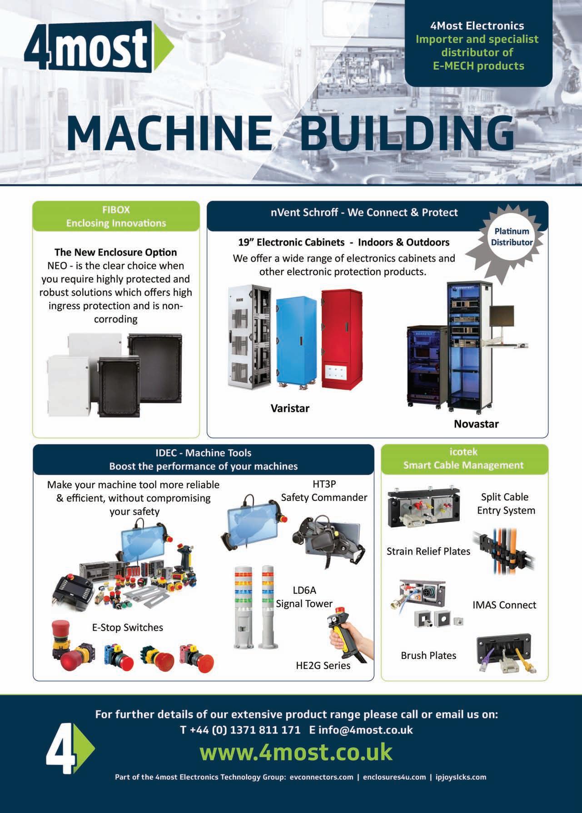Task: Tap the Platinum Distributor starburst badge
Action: (x=512, y=237)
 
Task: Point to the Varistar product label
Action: (x=290, y=408)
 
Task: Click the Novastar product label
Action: (x=476, y=424)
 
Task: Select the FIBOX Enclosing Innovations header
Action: (x=116, y=216)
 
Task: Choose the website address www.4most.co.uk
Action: (x=296, y=751)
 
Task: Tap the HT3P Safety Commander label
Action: (x=324, y=491)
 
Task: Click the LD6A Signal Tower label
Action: (x=304, y=597)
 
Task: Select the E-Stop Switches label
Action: (x=127, y=627)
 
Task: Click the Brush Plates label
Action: (x=428, y=655)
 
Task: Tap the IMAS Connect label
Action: (x=504, y=605)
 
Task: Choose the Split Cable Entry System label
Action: (x=506, y=503)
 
